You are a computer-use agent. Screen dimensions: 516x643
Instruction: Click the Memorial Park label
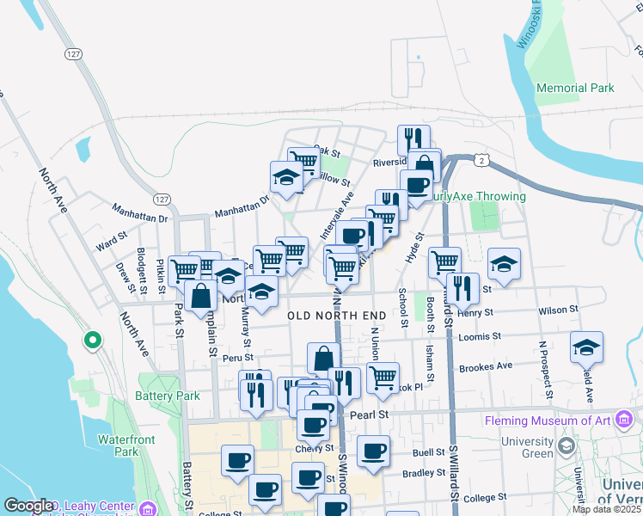[574, 88]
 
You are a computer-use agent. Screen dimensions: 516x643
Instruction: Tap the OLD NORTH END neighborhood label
[336, 316]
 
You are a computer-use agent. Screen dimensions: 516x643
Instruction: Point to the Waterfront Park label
[119, 445]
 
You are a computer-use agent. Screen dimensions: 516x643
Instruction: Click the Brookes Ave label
[486, 366]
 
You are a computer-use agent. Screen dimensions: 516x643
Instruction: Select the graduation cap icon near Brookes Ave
[586, 346]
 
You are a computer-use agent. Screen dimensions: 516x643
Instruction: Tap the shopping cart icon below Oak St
[303, 160]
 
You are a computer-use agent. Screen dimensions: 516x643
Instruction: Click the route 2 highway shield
[483, 161]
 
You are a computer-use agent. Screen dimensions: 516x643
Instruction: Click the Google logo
[29, 506]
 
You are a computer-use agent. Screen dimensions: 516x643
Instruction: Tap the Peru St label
[236, 357]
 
